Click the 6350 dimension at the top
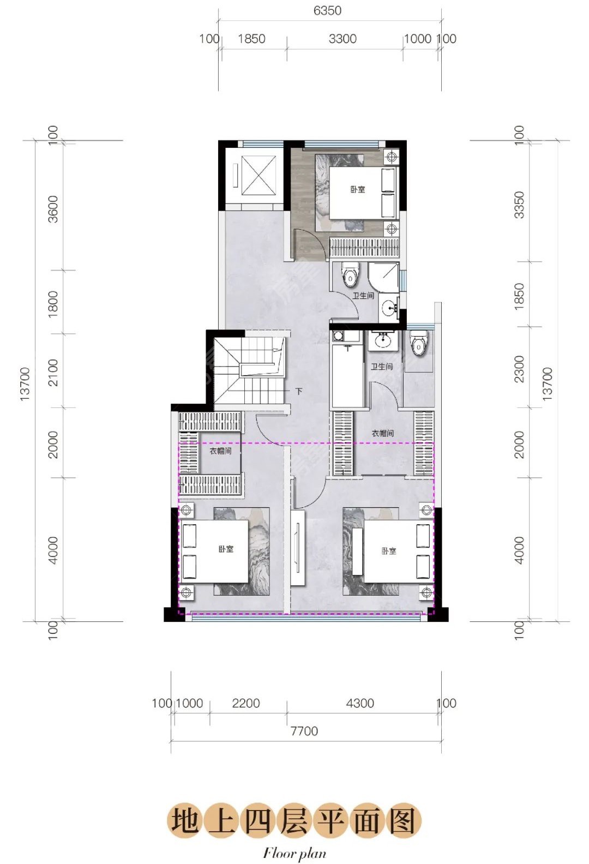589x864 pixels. coord(327,10)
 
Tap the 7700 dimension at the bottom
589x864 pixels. coord(304,730)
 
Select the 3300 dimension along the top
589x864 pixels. coord(342,39)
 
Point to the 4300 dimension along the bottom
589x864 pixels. coord(359,703)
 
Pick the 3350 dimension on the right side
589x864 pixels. coord(520,205)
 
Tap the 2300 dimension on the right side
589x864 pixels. coord(520,369)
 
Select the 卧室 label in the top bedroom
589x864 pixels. coord(358,189)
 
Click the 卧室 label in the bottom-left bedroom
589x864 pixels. coord(226,549)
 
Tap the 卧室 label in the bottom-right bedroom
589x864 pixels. coord(389,551)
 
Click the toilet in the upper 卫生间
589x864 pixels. coord(350,274)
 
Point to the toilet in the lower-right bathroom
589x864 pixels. coord(418,343)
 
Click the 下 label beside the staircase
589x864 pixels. coord(299,392)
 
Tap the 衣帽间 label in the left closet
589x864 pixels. coord(220,451)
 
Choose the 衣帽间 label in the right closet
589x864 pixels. coord(383,433)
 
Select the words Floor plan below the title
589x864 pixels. coord(294,853)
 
